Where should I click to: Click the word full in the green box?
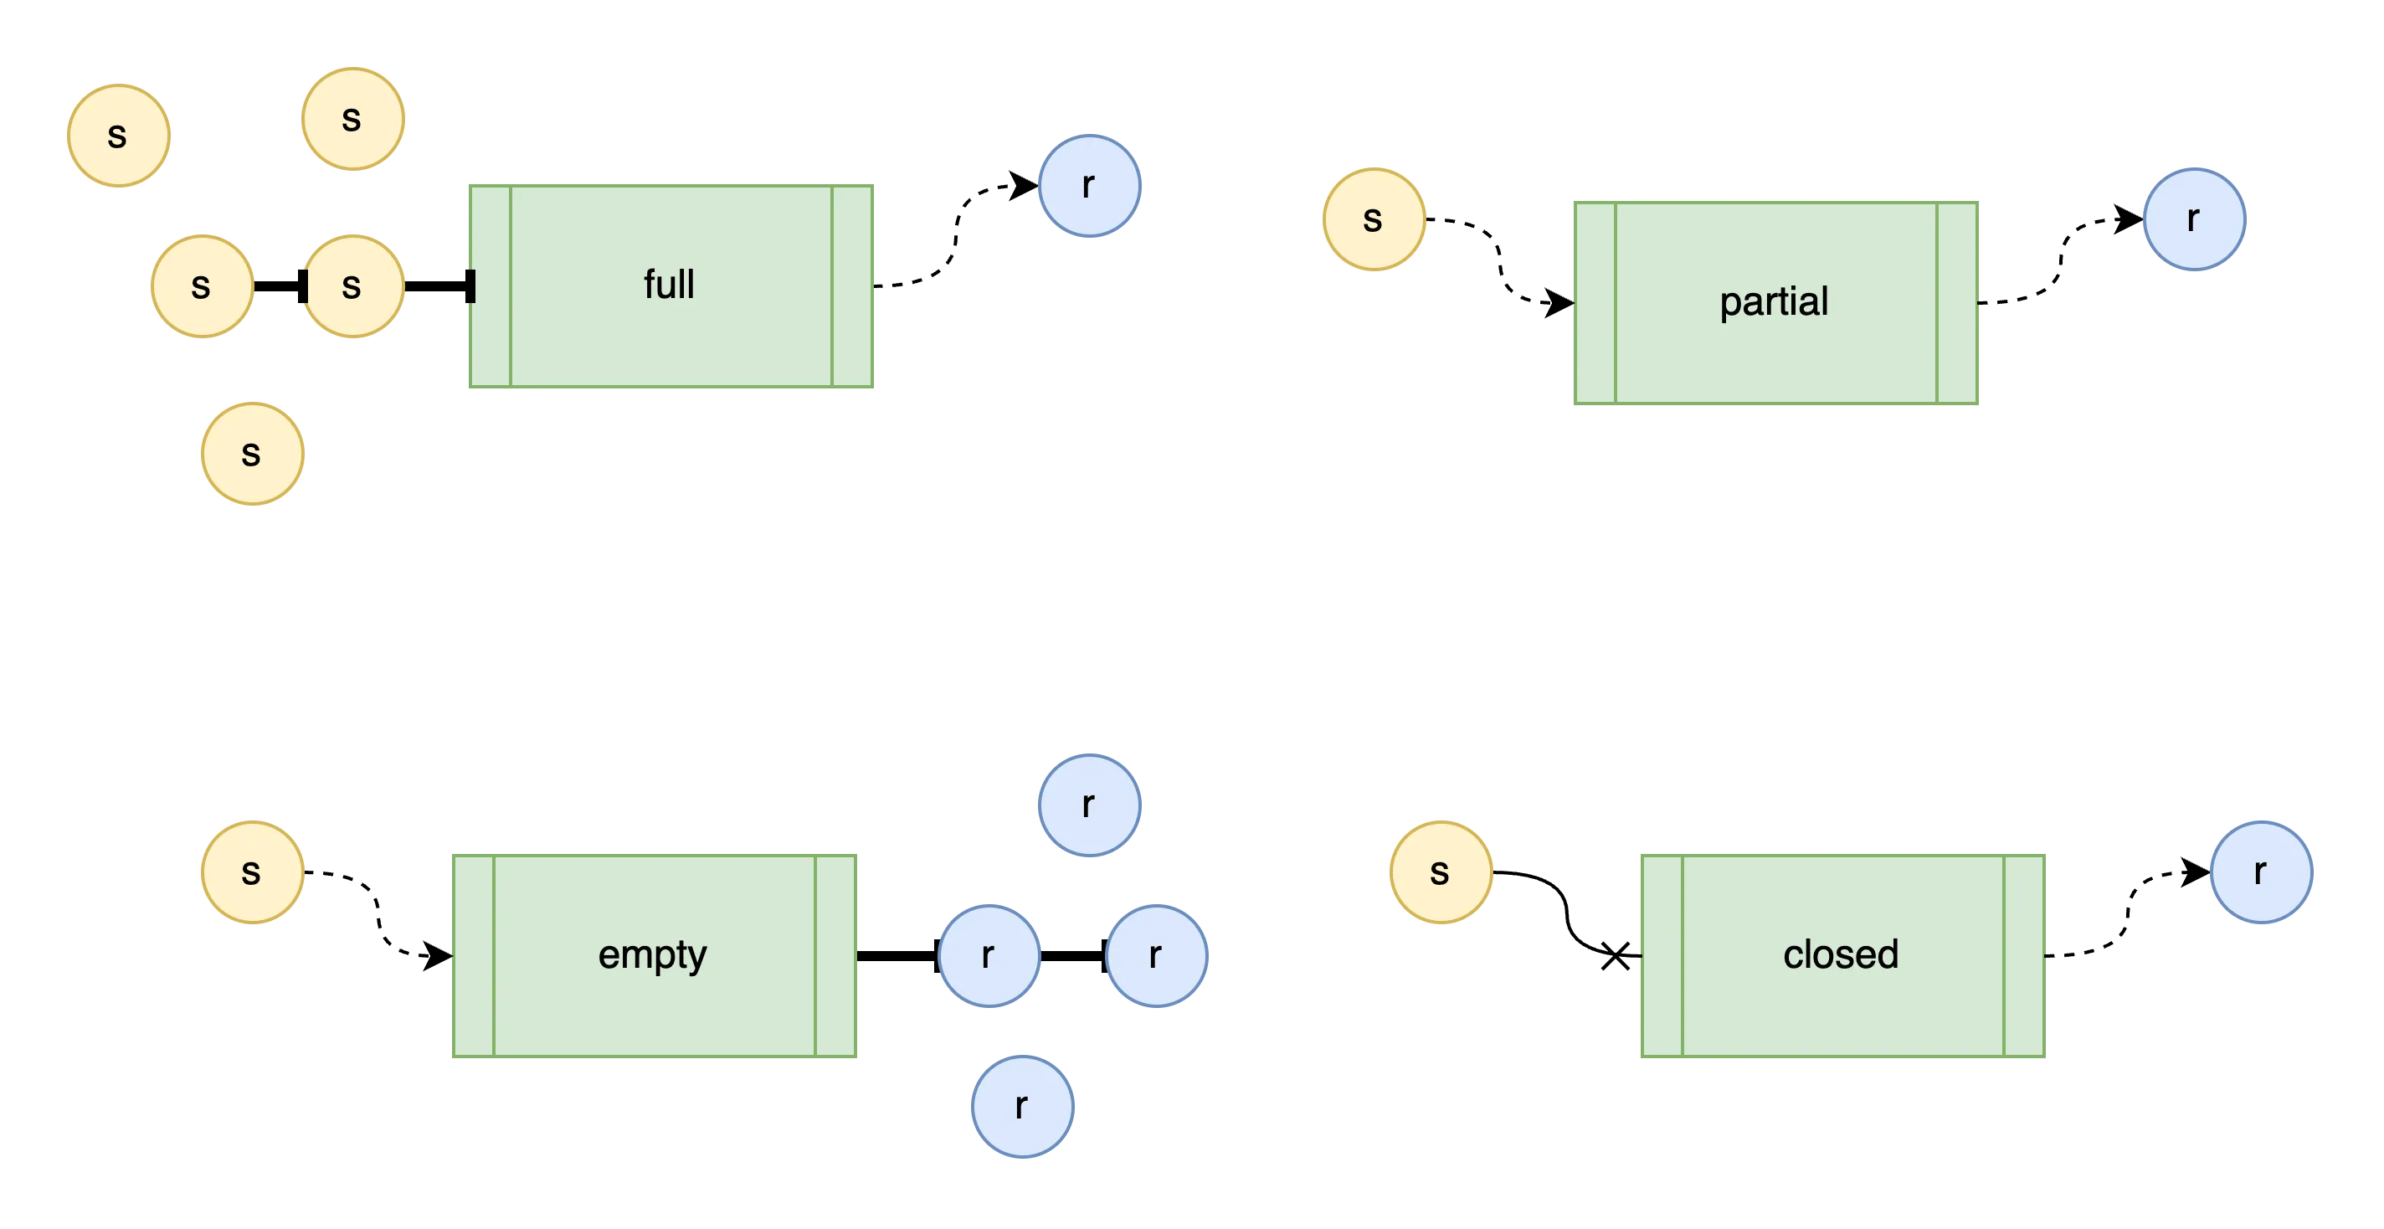669,284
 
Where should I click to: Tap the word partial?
1773,301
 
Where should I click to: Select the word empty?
652,954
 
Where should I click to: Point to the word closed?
1841,954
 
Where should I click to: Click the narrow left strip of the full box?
491,285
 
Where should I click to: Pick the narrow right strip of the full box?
852,285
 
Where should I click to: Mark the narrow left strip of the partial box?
1595,304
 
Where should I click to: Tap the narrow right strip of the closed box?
2025,954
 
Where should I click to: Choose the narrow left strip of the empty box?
473,954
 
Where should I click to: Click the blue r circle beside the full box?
1089,186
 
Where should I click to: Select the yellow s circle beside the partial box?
1374,219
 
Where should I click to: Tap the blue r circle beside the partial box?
2194,219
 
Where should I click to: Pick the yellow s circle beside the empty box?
253,871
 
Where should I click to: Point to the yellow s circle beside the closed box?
1440,871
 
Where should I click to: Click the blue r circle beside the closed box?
2261,871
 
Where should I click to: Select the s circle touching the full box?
352,286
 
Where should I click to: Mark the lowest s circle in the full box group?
253,454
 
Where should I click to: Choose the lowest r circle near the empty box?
1023,1105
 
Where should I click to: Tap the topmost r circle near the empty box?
1089,805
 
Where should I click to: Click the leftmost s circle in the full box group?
119,135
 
